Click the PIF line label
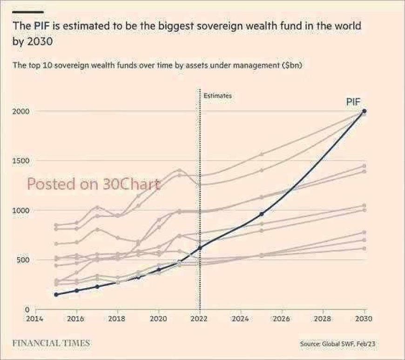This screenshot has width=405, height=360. pos(353,102)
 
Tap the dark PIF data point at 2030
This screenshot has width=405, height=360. pos(364,111)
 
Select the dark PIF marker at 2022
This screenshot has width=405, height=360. pos(200,248)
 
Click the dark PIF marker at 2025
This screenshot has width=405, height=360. pos(262,214)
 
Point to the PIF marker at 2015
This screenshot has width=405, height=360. pos(56,295)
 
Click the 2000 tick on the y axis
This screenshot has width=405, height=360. pos(21,111)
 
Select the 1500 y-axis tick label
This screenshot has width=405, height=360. pos(21,161)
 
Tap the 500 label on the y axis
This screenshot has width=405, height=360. pos(23,260)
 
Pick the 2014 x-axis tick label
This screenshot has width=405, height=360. pos(35,319)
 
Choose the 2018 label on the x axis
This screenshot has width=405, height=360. pos(117,319)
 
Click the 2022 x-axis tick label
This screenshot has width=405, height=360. pos(199,319)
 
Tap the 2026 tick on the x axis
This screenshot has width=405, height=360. pos(282,319)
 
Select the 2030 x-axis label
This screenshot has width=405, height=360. pos(364,319)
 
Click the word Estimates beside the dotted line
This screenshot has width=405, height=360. pos(217,96)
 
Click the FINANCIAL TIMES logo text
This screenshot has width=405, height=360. pos(51,343)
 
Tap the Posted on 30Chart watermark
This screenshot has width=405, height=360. pos(94,184)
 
